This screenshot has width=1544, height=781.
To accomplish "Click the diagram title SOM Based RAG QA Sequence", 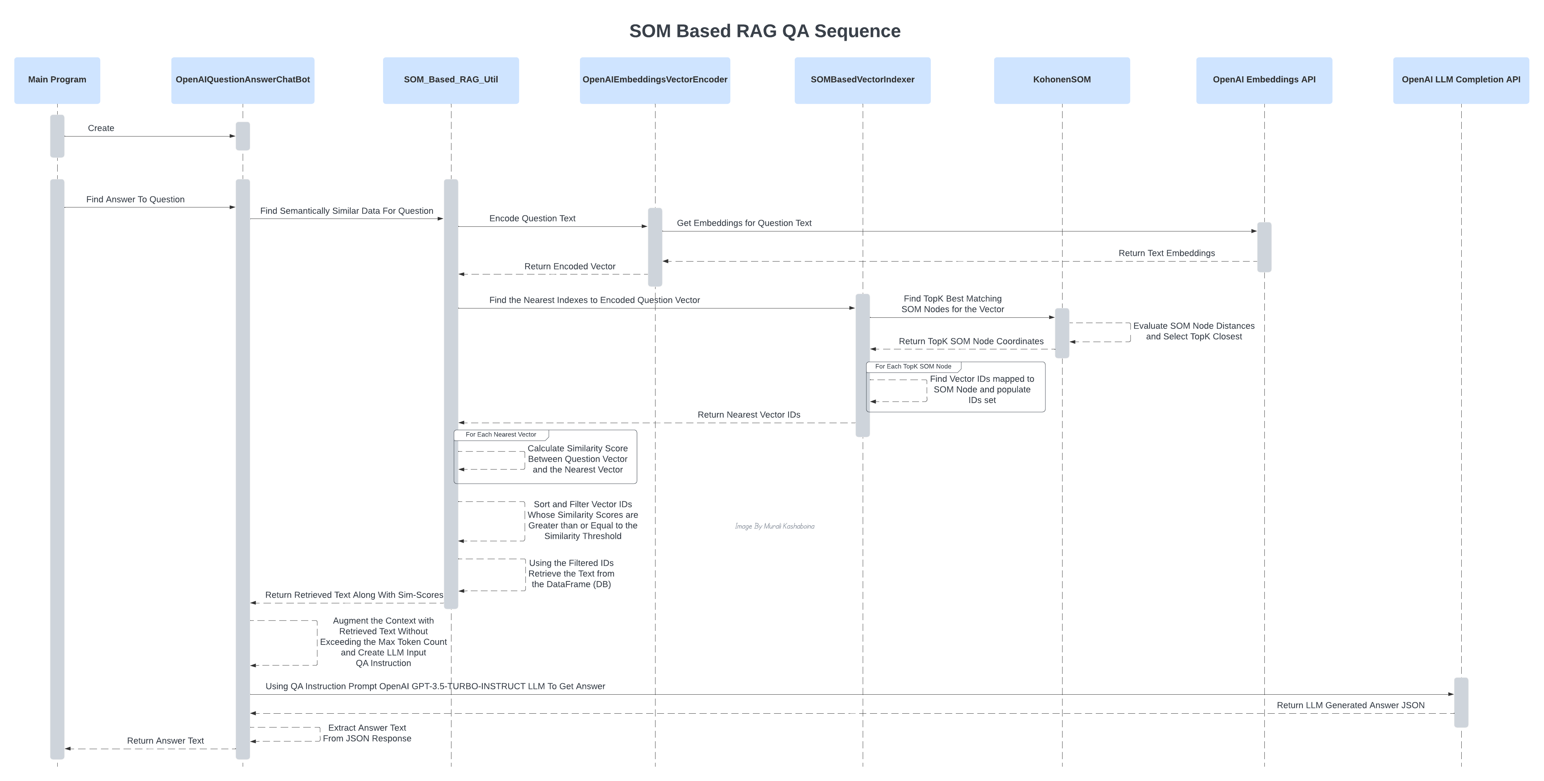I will [x=764, y=31].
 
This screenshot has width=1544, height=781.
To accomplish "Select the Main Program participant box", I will [x=57, y=80].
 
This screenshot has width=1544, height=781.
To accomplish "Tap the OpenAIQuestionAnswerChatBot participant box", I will [x=243, y=80].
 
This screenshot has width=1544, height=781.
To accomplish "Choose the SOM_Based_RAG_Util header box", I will [x=451, y=80].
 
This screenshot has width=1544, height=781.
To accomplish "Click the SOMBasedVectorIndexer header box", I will [x=862, y=80].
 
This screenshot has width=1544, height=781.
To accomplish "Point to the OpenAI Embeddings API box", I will [x=1264, y=80].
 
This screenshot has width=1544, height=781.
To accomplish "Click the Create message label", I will [x=101, y=128].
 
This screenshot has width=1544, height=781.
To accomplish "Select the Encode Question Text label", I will [x=532, y=218].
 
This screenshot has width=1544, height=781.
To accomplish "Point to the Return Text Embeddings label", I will [x=1166, y=253].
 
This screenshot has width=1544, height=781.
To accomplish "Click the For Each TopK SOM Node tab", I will [x=913, y=366].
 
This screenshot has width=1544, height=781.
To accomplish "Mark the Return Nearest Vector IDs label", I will [x=749, y=415].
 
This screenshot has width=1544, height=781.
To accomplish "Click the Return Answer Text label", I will [x=165, y=741].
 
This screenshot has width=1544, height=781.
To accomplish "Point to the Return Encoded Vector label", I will [x=570, y=266].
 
